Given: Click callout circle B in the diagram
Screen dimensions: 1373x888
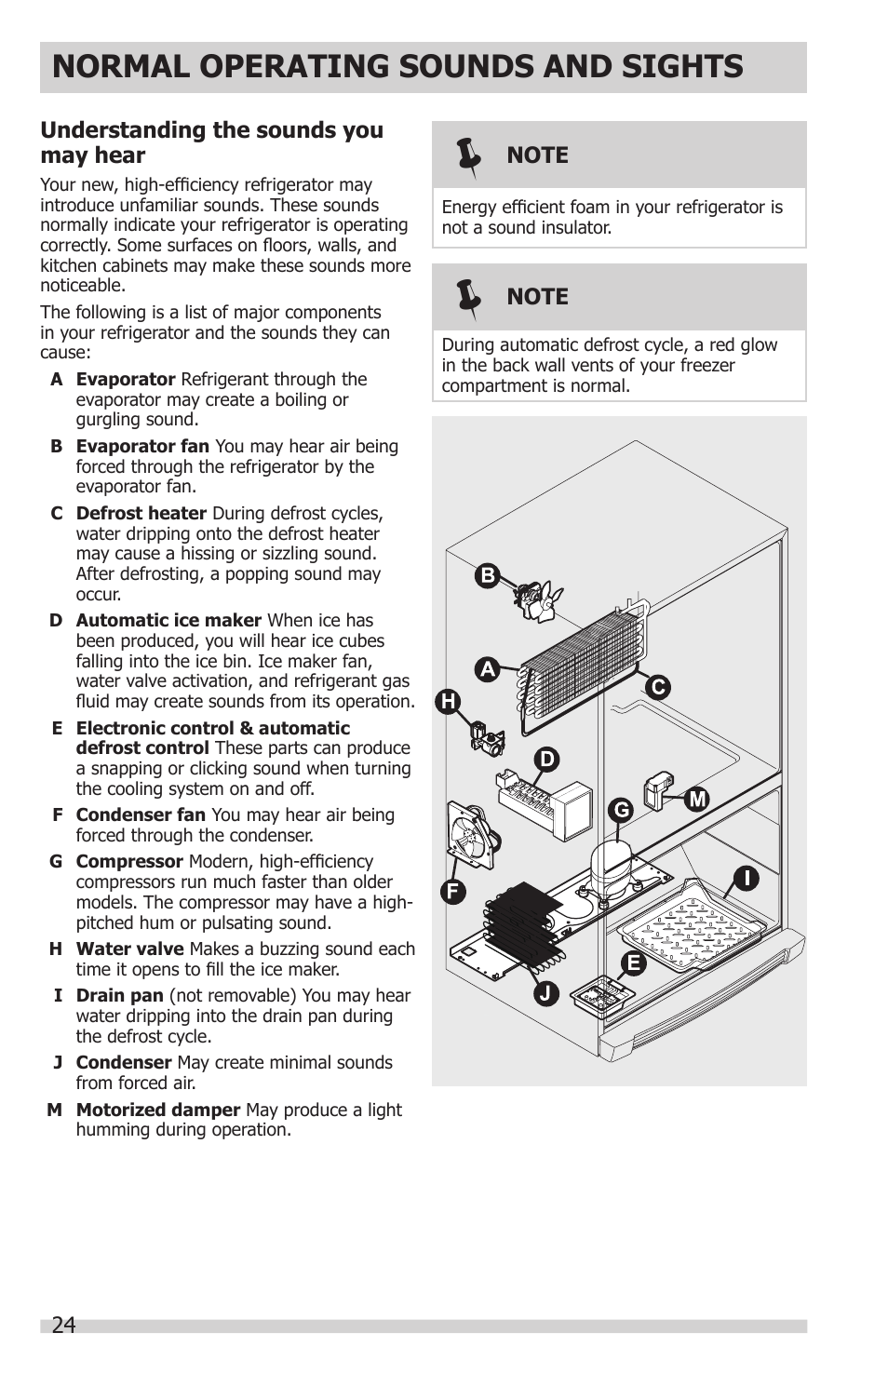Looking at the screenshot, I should click(x=487, y=575).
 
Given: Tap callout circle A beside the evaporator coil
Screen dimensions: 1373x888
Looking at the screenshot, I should click(x=487, y=669).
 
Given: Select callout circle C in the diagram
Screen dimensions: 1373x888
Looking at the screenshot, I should click(x=658, y=687).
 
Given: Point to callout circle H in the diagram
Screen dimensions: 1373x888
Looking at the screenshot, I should click(x=449, y=701).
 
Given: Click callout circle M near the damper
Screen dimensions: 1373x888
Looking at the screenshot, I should click(x=697, y=799).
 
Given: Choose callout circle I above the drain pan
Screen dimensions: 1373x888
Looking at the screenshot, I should click(x=746, y=878).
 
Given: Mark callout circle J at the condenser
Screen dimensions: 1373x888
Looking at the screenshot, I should click(x=546, y=993).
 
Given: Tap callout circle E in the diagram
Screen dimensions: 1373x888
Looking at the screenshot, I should click(x=634, y=963).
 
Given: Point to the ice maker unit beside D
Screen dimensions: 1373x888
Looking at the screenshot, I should click(x=546, y=801).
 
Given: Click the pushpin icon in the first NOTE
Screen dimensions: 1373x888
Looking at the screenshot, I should click(x=469, y=156).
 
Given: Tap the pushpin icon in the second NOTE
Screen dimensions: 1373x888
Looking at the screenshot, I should click(x=469, y=298).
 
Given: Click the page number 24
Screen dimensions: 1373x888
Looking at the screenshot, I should click(x=63, y=1325).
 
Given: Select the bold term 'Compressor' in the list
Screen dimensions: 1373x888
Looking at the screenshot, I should click(x=129, y=862).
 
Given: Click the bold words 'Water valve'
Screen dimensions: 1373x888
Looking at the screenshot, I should click(x=129, y=949).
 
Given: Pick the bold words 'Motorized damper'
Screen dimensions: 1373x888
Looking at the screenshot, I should click(x=158, y=1110).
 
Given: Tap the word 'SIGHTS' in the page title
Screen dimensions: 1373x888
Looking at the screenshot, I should click(x=676, y=67).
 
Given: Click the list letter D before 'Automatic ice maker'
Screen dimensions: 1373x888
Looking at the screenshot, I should click(x=56, y=621).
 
